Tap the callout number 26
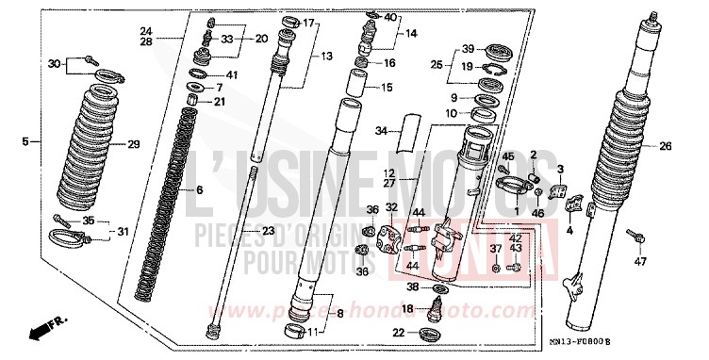click(665, 147)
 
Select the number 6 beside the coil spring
click(199, 189)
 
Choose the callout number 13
click(325, 57)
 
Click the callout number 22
click(399, 332)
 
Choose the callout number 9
click(454, 97)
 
